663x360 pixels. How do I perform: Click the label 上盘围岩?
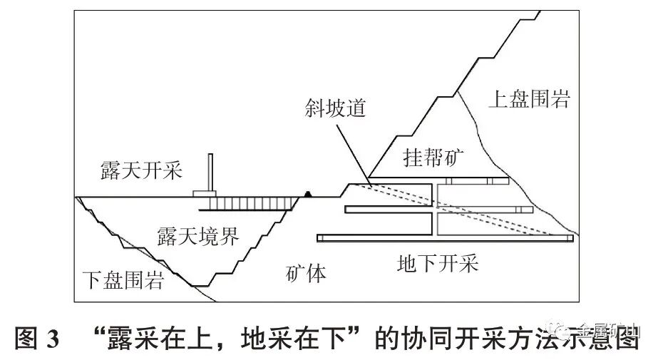click(529, 99)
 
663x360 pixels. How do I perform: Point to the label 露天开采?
click(141, 170)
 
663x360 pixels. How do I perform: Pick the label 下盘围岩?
click(122, 279)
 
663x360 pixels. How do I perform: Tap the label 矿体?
click(306, 272)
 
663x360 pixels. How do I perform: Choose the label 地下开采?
click(437, 264)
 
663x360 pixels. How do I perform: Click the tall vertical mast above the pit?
click(212, 172)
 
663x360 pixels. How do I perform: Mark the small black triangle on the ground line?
click(308, 193)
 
